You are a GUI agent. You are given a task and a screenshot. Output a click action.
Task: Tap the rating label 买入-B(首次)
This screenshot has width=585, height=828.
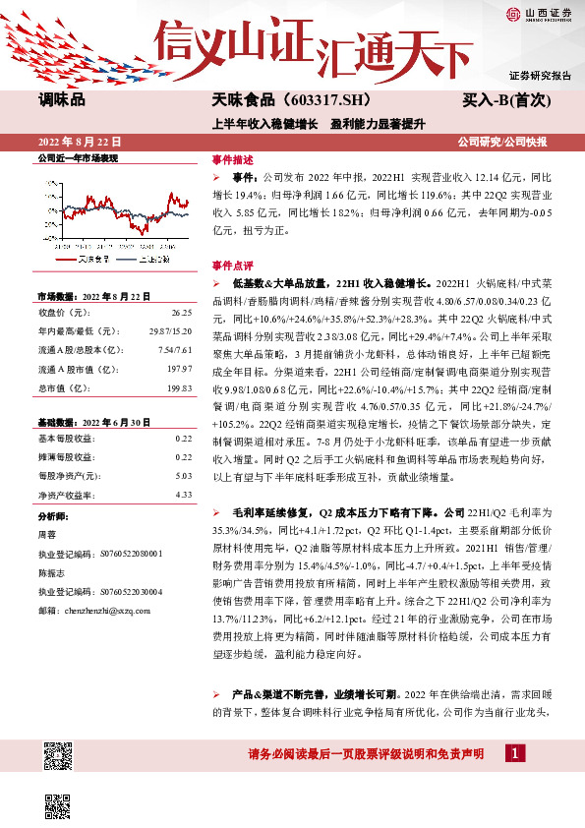point(517,100)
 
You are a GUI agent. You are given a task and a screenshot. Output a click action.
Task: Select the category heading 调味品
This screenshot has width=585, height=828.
point(62,100)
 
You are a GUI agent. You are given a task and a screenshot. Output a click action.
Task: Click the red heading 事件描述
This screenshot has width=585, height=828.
point(232,158)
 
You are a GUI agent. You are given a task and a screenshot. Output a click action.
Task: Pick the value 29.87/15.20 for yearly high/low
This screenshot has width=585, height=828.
point(170,331)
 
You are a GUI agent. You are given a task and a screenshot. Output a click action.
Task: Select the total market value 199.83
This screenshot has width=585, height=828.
point(178,387)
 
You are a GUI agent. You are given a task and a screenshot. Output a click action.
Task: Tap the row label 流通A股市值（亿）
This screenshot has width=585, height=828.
point(73,369)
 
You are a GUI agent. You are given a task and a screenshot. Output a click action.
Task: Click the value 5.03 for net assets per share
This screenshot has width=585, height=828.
point(183,476)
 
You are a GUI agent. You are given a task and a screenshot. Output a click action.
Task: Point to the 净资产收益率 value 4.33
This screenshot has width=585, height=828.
point(183,495)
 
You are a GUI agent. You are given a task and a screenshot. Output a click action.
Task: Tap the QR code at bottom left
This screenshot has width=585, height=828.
point(58,759)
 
